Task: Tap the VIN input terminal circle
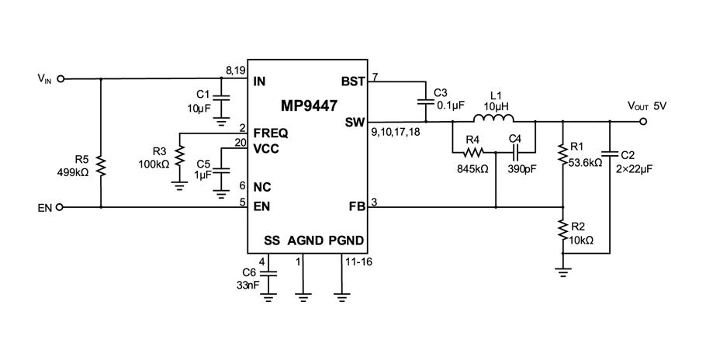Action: (x=61, y=78)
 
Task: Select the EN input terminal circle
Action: (x=61, y=207)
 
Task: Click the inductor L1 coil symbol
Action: (x=493, y=119)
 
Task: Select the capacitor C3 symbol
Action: (x=424, y=101)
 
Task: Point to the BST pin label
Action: (x=352, y=81)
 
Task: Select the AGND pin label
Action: (x=304, y=241)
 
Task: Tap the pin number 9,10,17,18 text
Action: (x=395, y=133)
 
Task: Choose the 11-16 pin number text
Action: (x=358, y=262)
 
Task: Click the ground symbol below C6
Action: (x=268, y=296)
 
